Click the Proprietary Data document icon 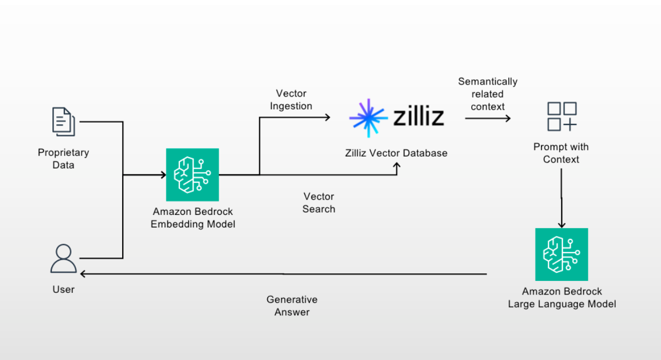64,122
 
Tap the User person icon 63,259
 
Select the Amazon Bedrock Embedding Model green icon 193,175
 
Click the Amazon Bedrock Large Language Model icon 561,254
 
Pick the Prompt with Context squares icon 562,116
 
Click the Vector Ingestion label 291,100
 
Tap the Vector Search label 319,202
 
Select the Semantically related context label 488,94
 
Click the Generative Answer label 292,306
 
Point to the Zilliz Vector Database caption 396,153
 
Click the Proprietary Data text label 63,159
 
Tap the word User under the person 63,290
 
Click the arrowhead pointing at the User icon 82,274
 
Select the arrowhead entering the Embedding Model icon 163,175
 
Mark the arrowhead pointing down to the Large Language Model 561,225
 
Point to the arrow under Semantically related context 488,118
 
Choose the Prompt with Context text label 561,153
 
